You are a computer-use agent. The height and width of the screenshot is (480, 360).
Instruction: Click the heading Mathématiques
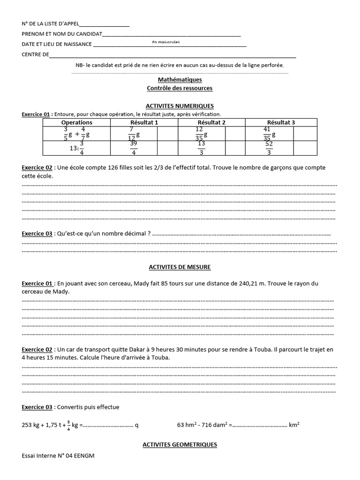pos(180,80)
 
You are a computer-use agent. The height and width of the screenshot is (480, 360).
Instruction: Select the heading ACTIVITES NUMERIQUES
pos(180,106)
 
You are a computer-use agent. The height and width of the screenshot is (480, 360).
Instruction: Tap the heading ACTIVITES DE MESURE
pos(180,267)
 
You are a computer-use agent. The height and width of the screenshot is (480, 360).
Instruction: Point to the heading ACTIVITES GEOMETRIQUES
pos(180,444)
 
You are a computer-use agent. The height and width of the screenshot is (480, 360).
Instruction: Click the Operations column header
pos(77,122)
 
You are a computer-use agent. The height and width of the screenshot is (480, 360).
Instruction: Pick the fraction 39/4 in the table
pos(133,148)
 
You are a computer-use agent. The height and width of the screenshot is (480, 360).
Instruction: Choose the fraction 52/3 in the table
pos(269,148)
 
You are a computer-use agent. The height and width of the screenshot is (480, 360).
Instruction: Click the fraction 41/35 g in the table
pos(269,134)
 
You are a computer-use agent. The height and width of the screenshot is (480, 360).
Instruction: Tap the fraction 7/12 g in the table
pos(134,134)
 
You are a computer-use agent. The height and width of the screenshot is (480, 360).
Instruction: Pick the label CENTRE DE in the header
pos(35,55)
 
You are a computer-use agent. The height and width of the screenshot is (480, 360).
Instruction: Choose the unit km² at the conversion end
pos(295,426)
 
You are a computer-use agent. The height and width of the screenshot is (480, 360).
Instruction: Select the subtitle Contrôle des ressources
pos(180,88)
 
